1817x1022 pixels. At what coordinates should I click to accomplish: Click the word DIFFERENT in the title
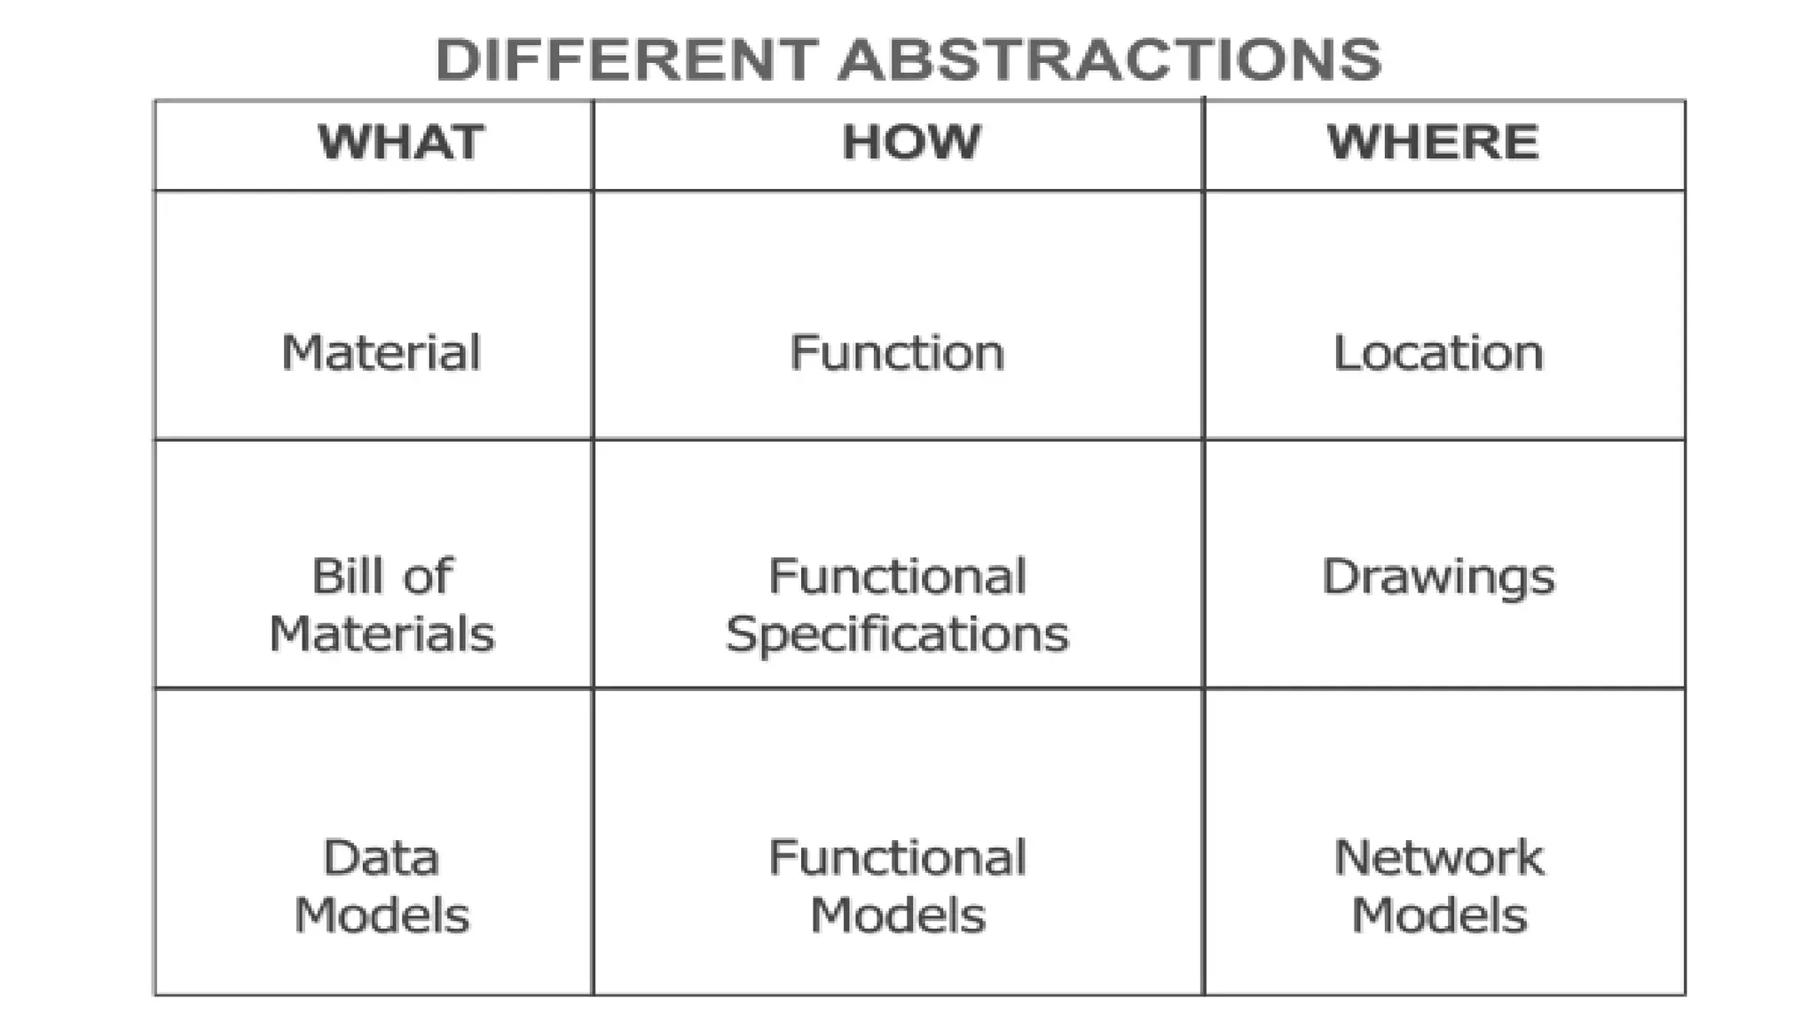point(625,60)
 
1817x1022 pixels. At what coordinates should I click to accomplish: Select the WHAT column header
point(401,143)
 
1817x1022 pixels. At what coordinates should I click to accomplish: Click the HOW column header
point(911,143)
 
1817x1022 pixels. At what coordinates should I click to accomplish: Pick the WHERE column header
point(1433,143)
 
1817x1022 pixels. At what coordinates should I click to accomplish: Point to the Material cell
point(381,352)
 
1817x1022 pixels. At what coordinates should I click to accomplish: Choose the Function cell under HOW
point(897,352)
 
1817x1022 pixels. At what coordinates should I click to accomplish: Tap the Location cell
point(1438,352)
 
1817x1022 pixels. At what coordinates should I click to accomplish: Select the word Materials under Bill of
point(381,634)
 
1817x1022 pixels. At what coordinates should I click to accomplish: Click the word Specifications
point(897,634)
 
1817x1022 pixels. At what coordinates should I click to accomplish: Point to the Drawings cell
point(1438,578)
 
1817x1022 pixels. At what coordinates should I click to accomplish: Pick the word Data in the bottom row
point(381,858)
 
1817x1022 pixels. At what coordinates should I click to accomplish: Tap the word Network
point(1438,858)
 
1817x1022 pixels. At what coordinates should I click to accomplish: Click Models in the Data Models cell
point(381,916)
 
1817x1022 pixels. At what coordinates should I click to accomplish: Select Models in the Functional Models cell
point(897,916)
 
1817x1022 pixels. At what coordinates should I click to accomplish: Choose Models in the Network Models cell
point(1438,916)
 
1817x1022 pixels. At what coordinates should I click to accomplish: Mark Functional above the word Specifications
point(897,576)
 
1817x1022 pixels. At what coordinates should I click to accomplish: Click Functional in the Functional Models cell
point(897,858)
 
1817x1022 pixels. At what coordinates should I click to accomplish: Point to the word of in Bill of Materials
point(428,576)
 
